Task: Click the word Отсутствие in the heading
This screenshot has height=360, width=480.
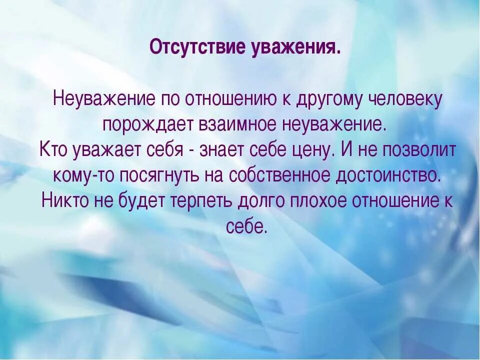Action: [x=191, y=48]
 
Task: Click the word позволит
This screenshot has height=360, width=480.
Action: [x=418, y=150]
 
